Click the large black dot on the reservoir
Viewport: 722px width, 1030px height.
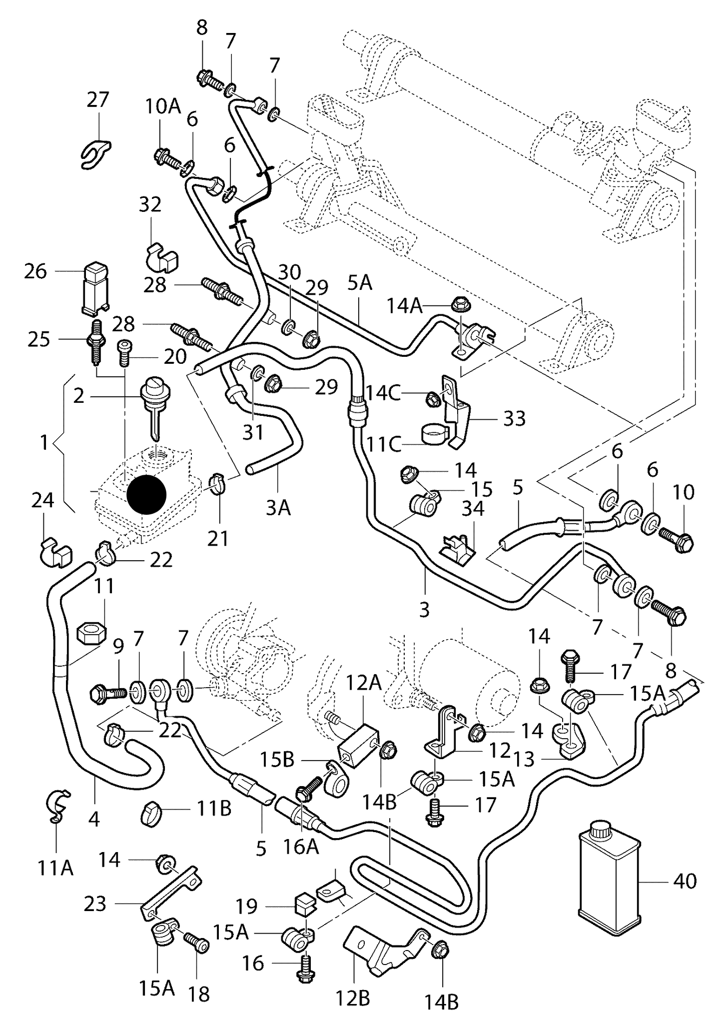pyautogui.click(x=146, y=494)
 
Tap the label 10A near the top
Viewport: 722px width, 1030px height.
pyautogui.click(x=163, y=106)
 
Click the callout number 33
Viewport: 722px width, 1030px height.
pyautogui.click(x=514, y=419)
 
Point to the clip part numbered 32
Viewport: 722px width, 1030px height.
pyautogui.click(x=162, y=255)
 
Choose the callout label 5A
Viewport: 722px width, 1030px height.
pyautogui.click(x=360, y=283)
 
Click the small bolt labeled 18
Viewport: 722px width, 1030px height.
pyautogui.click(x=196, y=944)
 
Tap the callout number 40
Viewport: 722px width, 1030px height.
pyautogui.click(x=685, y=881)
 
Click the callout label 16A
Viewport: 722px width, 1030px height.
pyautogui.click(x=301, y=847)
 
